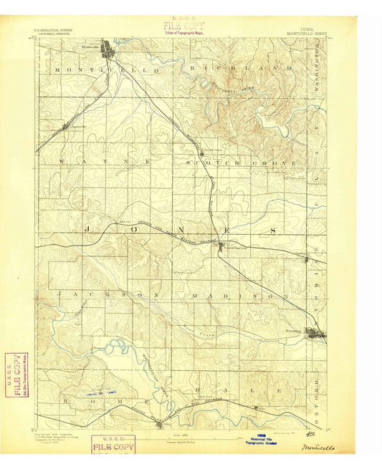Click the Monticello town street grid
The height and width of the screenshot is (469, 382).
pyautogui.click(x=109, y=51)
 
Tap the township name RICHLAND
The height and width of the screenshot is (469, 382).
pyautogui.click(x=238, y=68)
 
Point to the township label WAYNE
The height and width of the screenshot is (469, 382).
pyautogui.click(x=105, y=163)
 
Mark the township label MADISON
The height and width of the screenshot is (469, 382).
pyautogui.click(x=240, y=295)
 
